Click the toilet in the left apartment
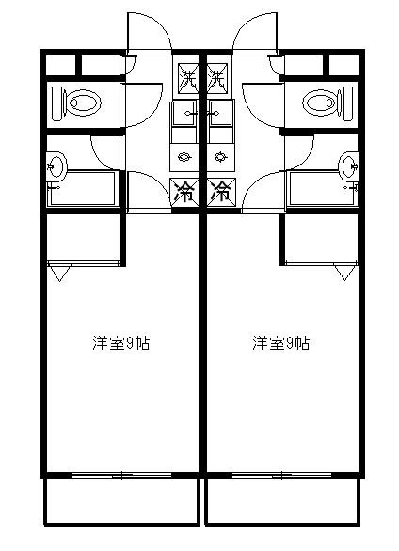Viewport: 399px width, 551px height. point(76,103)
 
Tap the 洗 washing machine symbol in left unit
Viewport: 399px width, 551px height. point(188,78)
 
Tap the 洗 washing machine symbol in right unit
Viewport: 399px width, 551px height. point(216,78)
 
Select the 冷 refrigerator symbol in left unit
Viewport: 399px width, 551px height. point(184,193)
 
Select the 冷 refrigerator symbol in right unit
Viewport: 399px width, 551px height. point(221,193)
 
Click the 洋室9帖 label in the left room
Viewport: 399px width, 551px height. point(121,343)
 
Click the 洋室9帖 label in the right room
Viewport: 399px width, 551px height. point(280,343)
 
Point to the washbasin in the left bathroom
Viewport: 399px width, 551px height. point(56,166)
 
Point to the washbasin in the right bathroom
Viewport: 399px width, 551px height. point(349,166)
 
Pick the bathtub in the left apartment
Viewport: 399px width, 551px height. point(83,188)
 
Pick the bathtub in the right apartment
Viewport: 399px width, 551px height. point(322,188)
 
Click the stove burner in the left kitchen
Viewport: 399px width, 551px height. point(184,157)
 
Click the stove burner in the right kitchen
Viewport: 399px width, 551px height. point(220,157)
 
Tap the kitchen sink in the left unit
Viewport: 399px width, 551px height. point(184,113)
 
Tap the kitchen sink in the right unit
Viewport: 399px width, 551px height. point(221,113)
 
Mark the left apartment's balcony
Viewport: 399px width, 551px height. point(121,502)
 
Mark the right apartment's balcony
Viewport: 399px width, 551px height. point(283,502)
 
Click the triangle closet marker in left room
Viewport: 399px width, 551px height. point(59,274)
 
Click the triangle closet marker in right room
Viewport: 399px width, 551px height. point(344,273)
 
